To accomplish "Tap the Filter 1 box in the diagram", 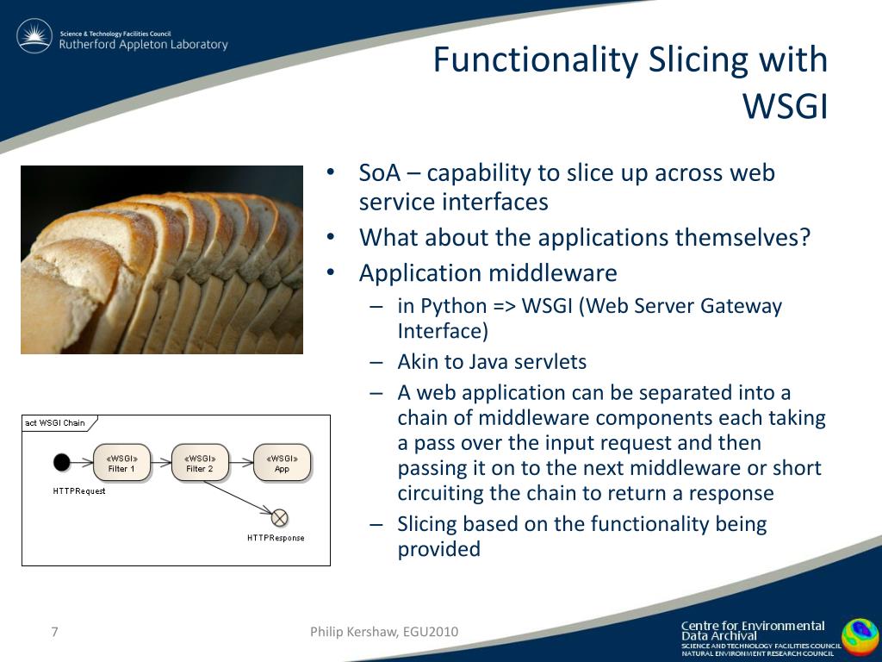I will (x=121, y=463).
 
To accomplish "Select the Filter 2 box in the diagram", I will (x=201, y=463).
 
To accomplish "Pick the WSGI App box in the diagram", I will (x=282, y=463).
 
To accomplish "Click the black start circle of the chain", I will (x=62, y=463).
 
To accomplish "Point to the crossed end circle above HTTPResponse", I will (x=279, y=518).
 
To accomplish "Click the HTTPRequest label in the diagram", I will (x=79, y=490).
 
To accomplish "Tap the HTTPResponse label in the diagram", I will (x=276, y=538).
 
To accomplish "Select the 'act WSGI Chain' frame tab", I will (x=57, y=423).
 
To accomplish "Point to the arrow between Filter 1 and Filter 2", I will (x=161, y=463).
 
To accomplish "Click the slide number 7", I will (x=54, y=632).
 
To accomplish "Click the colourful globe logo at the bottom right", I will (x=860, y=639).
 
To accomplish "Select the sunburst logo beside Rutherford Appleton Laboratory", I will (x=34, y=37).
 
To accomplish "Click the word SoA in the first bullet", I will (x=379, y=172).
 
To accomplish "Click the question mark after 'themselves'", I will (x=804, y=237).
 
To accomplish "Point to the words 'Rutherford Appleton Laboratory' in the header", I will (x=143, y=45).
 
